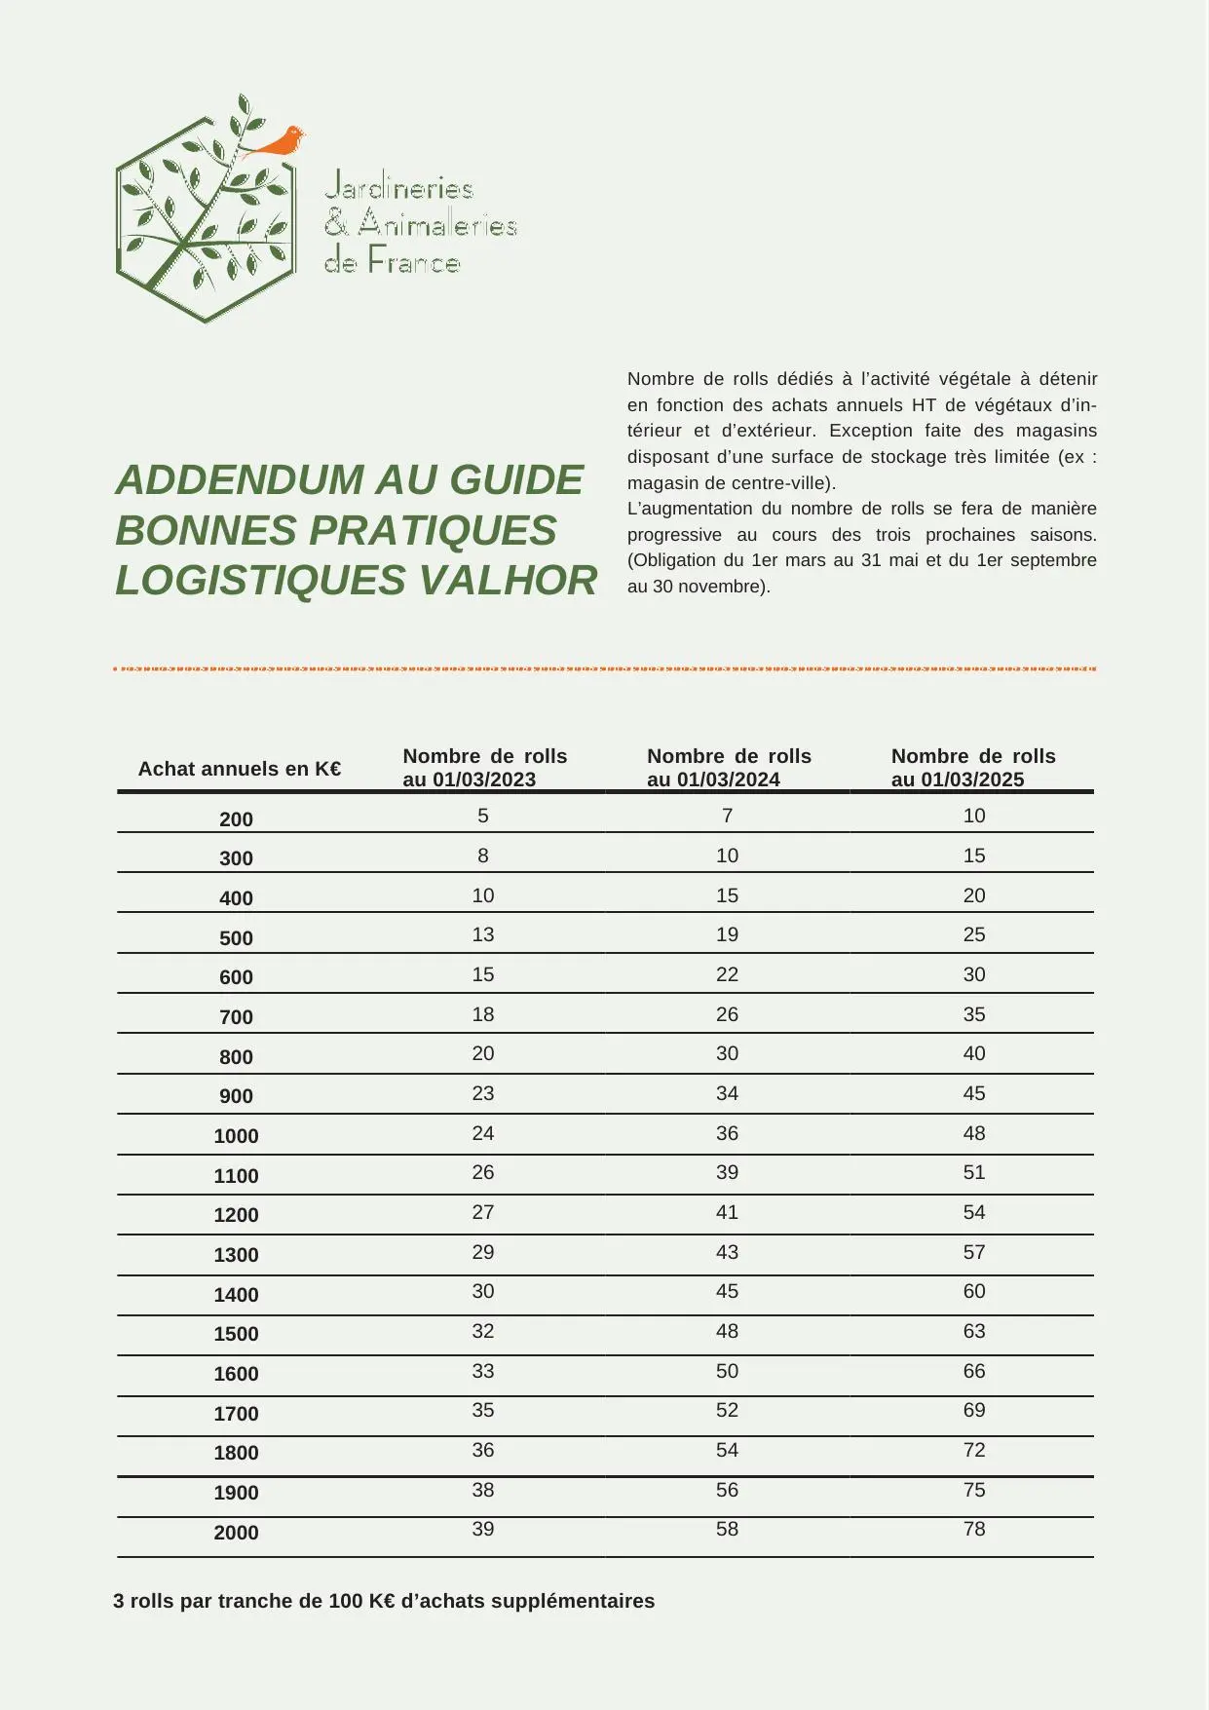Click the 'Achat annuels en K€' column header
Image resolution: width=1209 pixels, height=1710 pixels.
240,769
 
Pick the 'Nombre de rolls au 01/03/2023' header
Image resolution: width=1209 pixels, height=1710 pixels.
485,768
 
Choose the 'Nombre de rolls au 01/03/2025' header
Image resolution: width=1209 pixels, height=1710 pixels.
973,768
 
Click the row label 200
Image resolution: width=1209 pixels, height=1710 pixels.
236,819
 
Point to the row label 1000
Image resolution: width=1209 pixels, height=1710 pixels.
236,1136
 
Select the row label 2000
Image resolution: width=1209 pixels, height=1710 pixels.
236,1533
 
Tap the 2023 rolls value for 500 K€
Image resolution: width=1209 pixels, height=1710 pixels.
483,934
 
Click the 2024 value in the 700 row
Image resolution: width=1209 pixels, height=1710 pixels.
727,1014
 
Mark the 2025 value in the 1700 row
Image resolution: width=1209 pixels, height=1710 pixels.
974,1410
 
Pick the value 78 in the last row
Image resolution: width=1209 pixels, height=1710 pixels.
974,1529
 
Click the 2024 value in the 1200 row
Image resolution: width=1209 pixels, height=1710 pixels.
727,1212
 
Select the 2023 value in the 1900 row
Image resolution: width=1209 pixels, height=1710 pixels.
483,1490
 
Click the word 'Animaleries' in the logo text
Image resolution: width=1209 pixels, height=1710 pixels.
437,225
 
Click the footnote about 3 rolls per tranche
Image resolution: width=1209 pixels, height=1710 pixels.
384,1601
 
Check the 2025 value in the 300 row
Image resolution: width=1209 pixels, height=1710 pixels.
974,855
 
